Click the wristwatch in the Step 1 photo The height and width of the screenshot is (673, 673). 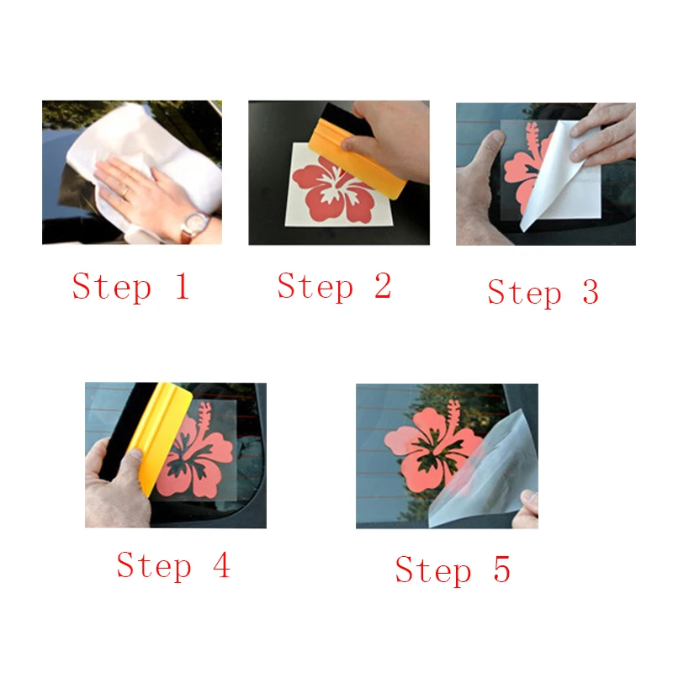pos(195,226)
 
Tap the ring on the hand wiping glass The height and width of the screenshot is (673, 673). pos(125,192)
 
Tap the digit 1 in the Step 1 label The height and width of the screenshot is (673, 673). pos(183,286)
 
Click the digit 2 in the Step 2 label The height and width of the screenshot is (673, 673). pos(383,285)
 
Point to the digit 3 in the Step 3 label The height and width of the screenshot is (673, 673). pos(591,291)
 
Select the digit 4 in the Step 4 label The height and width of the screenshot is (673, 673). pos(221,564)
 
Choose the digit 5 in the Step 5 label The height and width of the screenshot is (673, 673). pos(501,569)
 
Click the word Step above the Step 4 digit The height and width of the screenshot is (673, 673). pos(154,566)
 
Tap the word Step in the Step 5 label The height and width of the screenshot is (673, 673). pos(432,570)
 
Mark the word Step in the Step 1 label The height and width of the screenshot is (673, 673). pos(112,288)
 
